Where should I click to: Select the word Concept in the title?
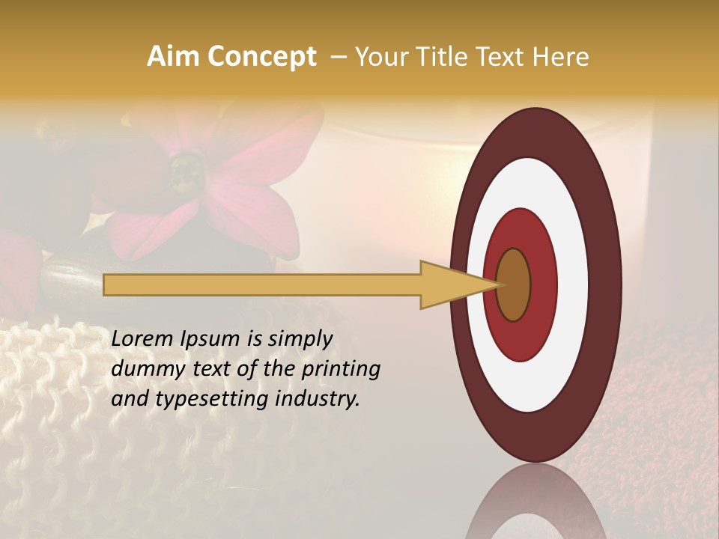[x=261, y=57]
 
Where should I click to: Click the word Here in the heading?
[x=562, y=57]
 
